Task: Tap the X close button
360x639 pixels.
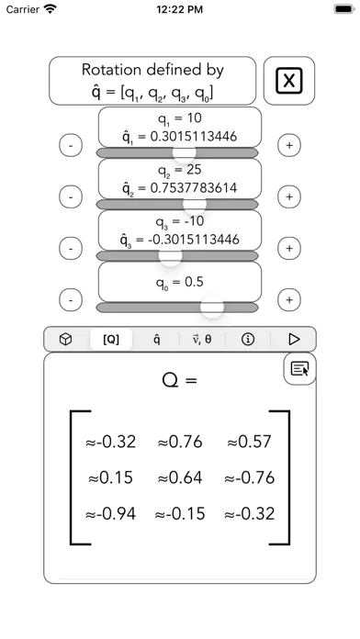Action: coord(289,81)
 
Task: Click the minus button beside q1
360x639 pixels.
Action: coord(71,145)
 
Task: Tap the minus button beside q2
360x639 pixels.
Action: coord(71,196)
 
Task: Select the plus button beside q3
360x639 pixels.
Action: coord(289,248)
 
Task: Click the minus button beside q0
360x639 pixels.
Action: coord(71,300)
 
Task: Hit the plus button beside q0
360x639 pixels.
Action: coord(289,300)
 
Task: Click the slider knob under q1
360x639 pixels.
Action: coord(185,152)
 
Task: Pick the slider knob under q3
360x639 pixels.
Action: coord(170,255)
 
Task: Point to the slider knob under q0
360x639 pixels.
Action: coord(212,307)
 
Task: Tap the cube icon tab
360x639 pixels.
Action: coord(66,339)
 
